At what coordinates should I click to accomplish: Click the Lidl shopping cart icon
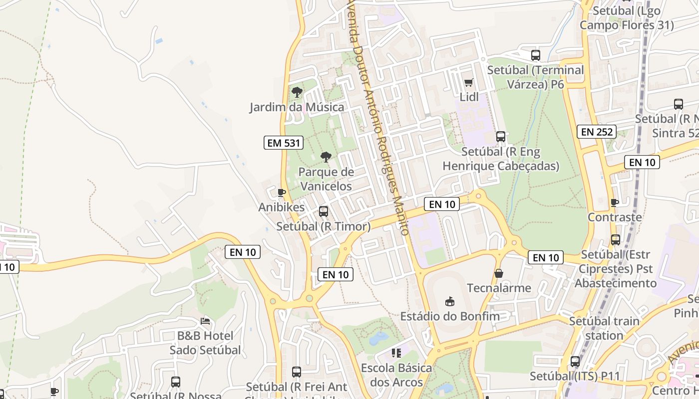click(468, 83)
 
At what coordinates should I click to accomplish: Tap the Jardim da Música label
click(297, 107)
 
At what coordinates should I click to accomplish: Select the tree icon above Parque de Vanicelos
click(326, 157)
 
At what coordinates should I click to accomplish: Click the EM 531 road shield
click(284, 143)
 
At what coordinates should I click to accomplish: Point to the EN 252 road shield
click(597, 132)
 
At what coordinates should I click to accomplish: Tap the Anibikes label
click(281, 207)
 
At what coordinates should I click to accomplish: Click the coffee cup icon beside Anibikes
click(282, 193)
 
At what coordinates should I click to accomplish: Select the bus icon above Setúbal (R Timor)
click(324, 211)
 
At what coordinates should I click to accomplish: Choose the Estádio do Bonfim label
click(450, 316)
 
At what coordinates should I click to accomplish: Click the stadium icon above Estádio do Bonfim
click(450, 301)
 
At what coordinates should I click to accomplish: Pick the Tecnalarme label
click(499, 288)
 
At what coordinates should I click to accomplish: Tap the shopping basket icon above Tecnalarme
click(498, 273)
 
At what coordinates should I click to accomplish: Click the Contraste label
click(615, 217)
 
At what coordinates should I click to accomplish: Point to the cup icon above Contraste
click(615, 202)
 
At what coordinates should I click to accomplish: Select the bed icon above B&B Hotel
click(205, 321)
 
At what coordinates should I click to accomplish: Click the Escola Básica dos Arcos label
click(396, 375)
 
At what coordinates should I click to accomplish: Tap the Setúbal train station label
click(604, 328)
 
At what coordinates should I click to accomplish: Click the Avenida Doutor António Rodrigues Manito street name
click(379, 120)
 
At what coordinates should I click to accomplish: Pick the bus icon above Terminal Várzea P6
click(535, 55)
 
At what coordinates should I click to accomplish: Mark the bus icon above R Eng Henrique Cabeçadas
click(500, 137)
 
